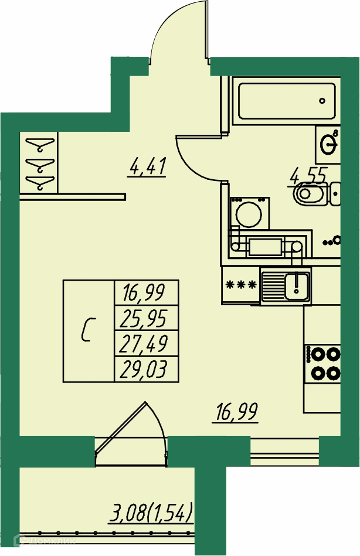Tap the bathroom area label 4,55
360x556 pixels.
click(x=307, y=175)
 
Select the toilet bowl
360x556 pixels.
click(x=311, y=193)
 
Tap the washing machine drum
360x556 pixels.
click(x=250, y=214)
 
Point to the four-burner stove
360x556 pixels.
click(x=323, y=363)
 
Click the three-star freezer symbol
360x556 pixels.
click(x=241, y=285)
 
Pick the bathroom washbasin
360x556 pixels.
click(x=327, y=144)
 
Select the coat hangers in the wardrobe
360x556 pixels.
click(x=39, y=162)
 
